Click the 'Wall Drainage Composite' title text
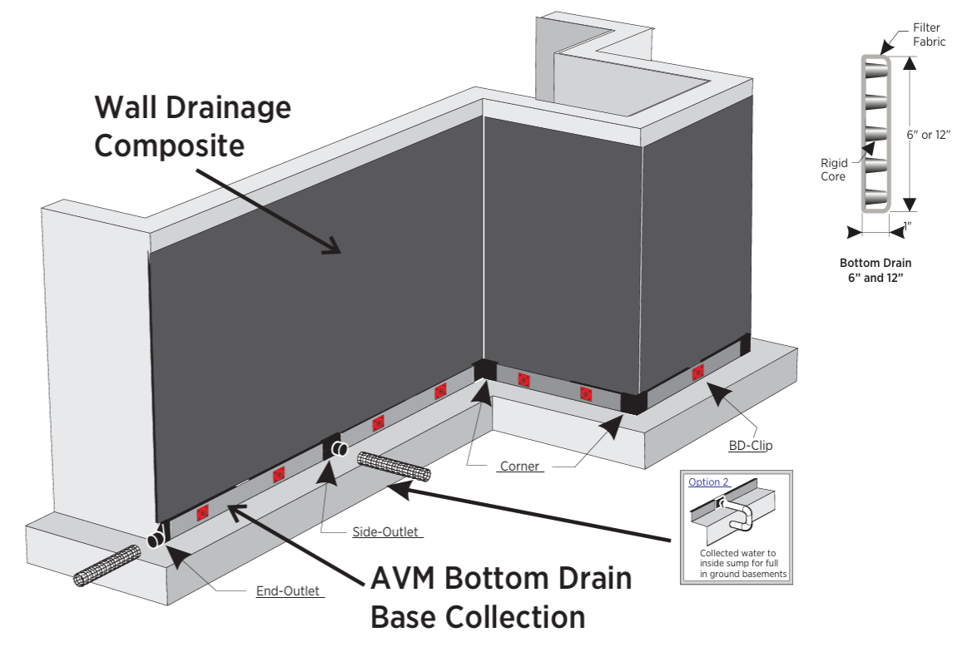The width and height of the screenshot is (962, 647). pyautogui.click(x=192, y=126)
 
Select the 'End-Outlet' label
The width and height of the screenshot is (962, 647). pyautogui.click(x=288, y=592)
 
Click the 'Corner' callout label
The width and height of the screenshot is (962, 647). pyautogui.click(x=520, y=467)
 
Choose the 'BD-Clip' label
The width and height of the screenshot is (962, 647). pyautogui.click(x=751, y=445)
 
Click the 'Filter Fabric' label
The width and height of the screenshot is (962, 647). pyautogui.click(x=929, y=35)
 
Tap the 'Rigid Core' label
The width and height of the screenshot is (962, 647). pyautogui.click(x=834, y=170)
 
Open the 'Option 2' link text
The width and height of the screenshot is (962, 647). pyautogui.click(x=708, y=482)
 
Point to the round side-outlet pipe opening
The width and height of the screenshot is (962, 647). pyautogui.click(x=340, y=450)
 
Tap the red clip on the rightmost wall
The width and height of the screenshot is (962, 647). pyautogui.click(x=697, y=372)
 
